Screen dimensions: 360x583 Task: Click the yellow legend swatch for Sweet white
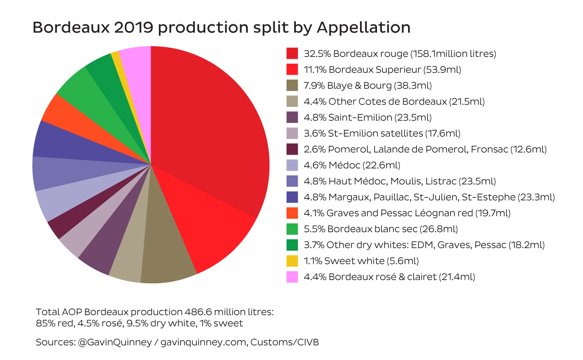(292, 261)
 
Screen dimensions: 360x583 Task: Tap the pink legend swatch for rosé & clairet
(292, 277)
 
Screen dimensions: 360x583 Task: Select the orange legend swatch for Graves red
(292, 213)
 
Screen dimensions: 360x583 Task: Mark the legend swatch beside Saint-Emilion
(292, 118)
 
